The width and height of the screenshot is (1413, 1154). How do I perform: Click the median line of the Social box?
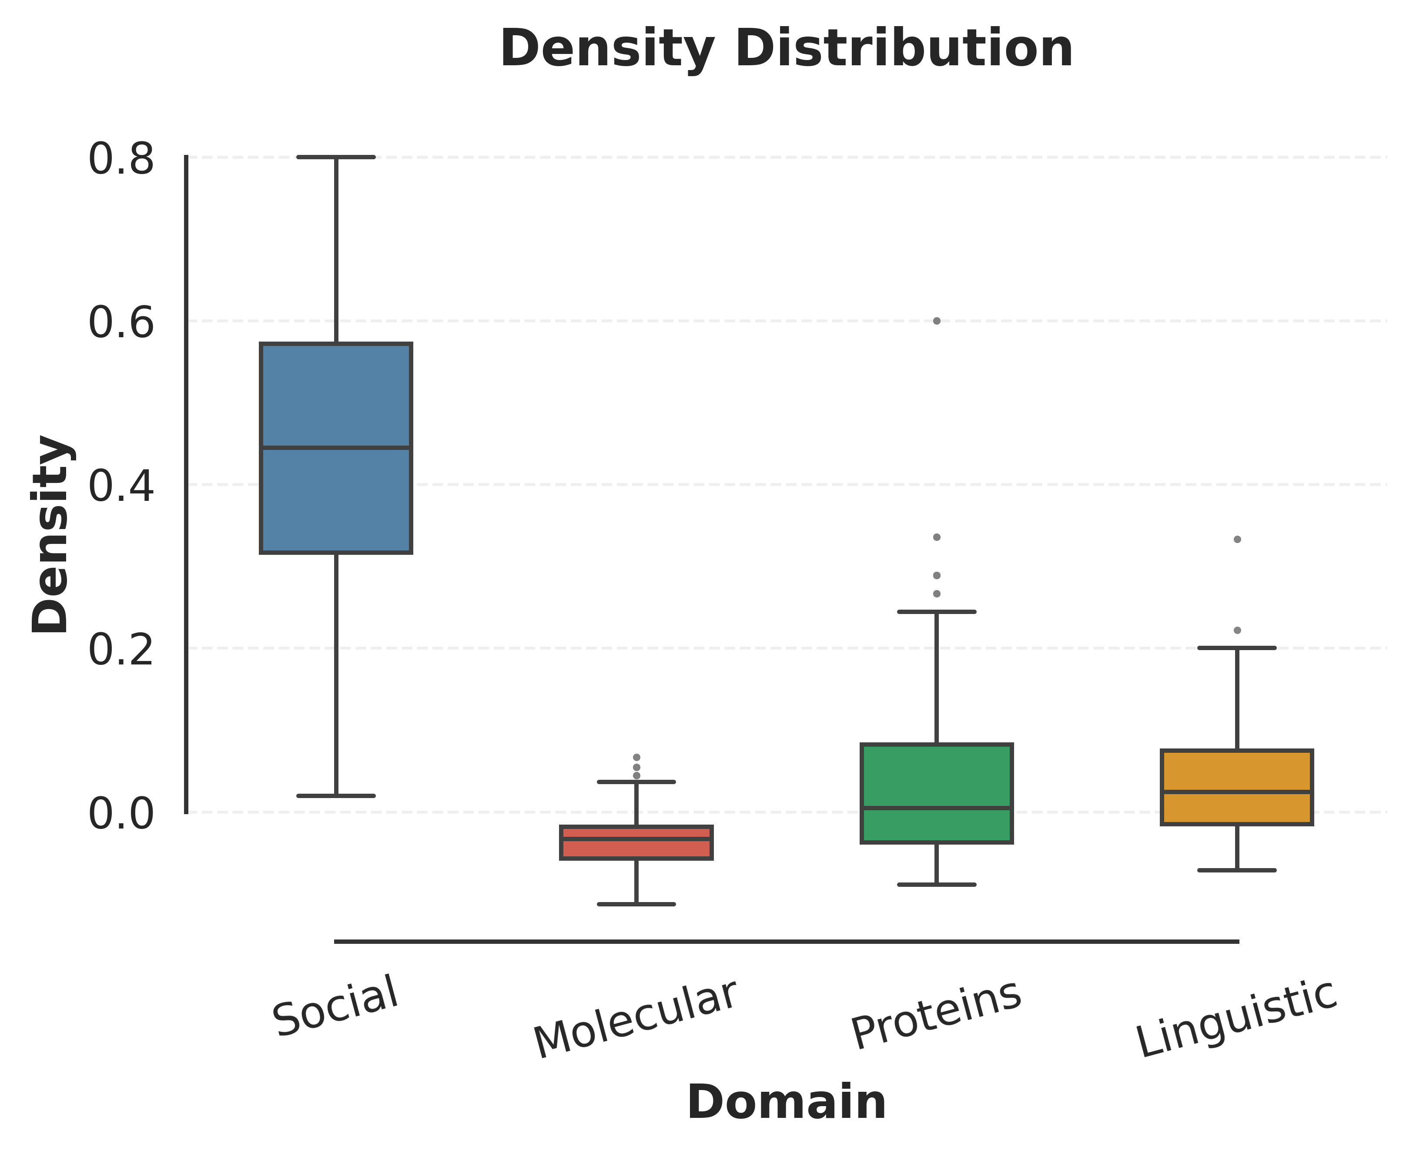click(x=336, y=447)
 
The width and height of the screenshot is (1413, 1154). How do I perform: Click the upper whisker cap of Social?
click(x=336, y=157)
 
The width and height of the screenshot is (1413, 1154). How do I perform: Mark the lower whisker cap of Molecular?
click(x=636, y=904)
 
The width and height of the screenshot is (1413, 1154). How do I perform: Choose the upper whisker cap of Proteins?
click(x=937, y=611)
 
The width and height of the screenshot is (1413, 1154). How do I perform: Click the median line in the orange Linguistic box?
click(x=1237, y=792)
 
